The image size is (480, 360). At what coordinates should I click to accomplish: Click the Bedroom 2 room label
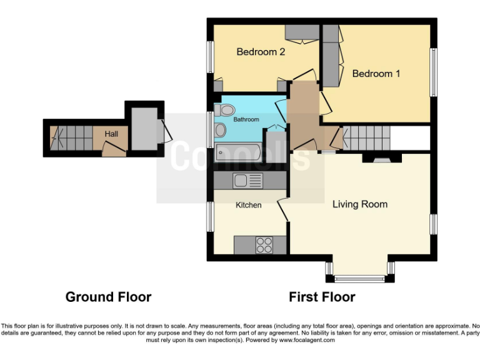(261, 52)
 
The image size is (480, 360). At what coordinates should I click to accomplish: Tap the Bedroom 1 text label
(376, 74)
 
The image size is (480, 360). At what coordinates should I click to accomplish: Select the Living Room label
(359, 204)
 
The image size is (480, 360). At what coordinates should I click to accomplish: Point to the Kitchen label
(248, 205)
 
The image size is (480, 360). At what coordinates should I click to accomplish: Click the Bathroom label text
(246, 119)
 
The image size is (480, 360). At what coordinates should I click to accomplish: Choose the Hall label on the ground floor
(111, 134)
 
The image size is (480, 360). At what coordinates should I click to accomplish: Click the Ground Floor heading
(108, 297)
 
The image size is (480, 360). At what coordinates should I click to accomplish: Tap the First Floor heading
(322, 297)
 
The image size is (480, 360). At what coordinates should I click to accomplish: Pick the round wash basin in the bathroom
(219, 130)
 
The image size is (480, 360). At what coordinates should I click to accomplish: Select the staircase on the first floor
(366, 137)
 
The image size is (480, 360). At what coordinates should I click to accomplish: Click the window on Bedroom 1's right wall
(432, 72)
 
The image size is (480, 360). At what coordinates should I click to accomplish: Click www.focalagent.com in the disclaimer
(307, 341)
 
